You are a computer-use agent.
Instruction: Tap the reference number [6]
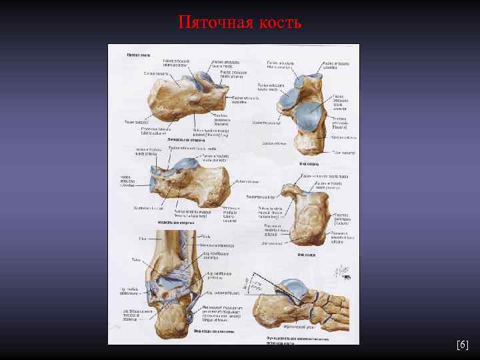(462, 345)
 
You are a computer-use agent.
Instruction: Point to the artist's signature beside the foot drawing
(341, 271)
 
